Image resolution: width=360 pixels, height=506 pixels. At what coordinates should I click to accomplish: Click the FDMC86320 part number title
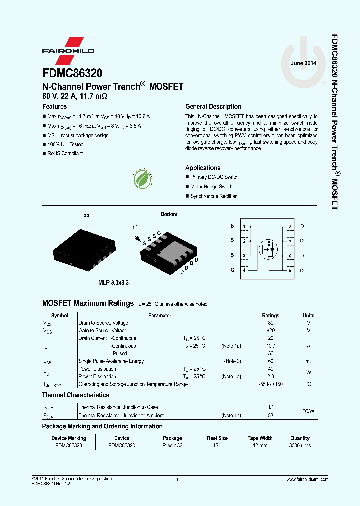click(x=72, y=73)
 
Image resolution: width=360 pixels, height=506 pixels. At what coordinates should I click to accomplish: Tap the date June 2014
click(x=303, y=63)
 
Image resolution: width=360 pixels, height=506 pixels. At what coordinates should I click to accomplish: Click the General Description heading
click(x=213, y=107)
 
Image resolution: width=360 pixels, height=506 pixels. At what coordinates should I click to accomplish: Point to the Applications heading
click(x=203, y=168)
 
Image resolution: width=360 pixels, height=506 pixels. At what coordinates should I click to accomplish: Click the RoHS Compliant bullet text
click(x=65, y=154)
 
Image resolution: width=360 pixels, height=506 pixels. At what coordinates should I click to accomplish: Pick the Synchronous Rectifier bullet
click(x=213, y=196)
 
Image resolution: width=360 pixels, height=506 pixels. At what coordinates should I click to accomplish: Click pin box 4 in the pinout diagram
click(x=244, y=270)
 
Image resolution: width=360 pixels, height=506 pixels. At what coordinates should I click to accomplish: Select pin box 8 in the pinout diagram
click(x=290, y=227)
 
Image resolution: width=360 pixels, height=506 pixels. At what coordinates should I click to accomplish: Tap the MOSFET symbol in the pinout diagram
click(x=267, y=248)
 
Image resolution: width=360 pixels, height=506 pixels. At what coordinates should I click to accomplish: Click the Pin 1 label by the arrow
click(x=132, y=227)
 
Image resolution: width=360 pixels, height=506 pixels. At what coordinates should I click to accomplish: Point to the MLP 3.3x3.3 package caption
click(x=113, y=283)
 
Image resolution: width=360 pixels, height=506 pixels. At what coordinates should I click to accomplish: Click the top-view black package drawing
click(x=85, y=247)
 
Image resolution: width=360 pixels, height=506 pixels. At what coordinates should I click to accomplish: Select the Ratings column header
click(x=271, y=316)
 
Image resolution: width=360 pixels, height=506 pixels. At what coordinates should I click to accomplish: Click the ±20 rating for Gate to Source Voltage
click(x=271, y=331)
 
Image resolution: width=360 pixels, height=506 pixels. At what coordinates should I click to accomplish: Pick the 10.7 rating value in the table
click(x=271, y=346)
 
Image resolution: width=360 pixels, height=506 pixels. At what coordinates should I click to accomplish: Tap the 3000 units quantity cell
click(x=300, y=445)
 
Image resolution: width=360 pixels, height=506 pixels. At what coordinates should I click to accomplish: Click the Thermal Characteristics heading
click(x=75, y=395)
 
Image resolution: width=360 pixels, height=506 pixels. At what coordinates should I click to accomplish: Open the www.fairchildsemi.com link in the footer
click(x=307, y=479)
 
